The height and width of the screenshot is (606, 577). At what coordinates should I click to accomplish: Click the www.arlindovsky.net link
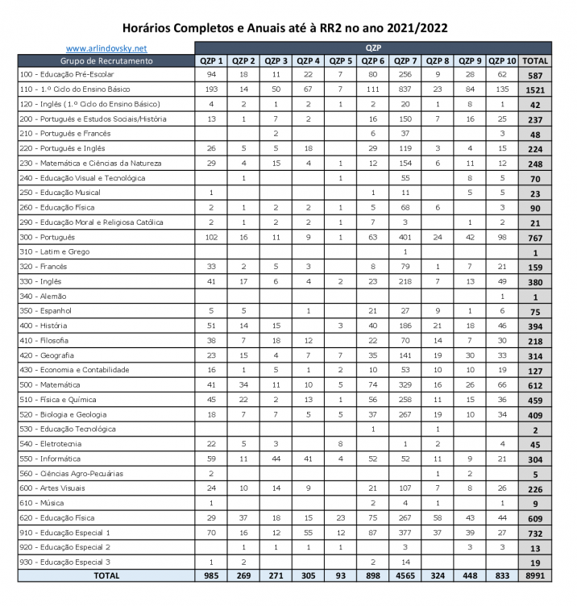(x=106, y=48)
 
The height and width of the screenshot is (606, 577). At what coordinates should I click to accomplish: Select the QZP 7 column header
(x=405, y=61)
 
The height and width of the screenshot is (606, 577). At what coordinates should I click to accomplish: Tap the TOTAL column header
(x=535, y=61)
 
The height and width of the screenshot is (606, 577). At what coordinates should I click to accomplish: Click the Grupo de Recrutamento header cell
(x=106, y=61)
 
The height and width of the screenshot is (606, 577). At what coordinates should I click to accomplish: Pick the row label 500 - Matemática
(x=50, y=385)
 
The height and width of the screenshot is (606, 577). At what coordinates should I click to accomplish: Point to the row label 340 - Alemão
(x=44, y=297)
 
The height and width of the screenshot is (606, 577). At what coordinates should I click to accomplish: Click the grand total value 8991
(x=535, y=576)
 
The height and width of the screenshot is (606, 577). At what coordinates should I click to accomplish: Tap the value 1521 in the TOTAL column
(x=535, y=90)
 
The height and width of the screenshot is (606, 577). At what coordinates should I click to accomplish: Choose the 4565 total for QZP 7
(x=405, y=576)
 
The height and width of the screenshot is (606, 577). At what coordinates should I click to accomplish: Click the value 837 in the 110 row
(x=405, y=89)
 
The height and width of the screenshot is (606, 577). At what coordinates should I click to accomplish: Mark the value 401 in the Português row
(x=405, y=238)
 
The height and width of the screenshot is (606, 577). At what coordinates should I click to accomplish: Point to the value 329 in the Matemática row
(x=405, y=385)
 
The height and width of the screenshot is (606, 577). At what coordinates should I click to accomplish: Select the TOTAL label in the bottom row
(x=106, y=576)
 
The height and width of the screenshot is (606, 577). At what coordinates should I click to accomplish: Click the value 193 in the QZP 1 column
(x=210, y=89)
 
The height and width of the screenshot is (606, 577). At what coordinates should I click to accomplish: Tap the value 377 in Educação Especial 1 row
(x=405, y=533)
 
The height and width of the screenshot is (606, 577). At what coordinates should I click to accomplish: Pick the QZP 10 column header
(x=502, y=61)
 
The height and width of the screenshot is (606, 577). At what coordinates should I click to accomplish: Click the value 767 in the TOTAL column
(x=535, y=238)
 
